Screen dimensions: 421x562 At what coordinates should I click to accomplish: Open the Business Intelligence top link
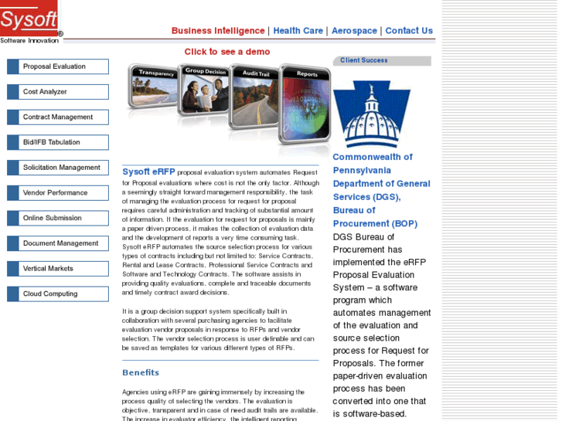[x=218, y=31]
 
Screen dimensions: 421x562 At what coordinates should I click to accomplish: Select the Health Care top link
[x=298, y=31]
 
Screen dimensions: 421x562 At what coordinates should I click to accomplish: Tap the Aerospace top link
[x=354, y=31]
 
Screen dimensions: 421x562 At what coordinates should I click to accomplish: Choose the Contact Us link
[x=409, y=31]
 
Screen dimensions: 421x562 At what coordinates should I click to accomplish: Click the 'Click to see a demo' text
[x=227, y=52]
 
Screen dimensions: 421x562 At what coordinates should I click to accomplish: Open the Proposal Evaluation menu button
[x=58, y=66]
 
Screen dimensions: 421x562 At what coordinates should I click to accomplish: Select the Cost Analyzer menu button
[x=58, y=92]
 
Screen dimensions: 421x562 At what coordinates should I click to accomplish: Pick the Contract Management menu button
[x=58, y=117]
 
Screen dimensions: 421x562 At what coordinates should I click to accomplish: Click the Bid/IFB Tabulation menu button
[x=58, y=142]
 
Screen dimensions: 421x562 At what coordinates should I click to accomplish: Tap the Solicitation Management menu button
[x=58, y=168]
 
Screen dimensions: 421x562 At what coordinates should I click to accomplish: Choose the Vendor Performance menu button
[x=58, y=193]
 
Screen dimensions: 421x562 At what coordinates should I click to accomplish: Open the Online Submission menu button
[x=58, y=218]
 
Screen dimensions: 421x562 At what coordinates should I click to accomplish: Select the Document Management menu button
[x=58, y=243]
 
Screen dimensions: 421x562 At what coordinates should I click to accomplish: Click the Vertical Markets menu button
[x=58, y=269]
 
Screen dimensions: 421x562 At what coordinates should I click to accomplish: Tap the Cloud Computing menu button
[x=58, y=294]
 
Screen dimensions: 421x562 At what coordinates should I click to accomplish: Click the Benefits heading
[x=141, y=373]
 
